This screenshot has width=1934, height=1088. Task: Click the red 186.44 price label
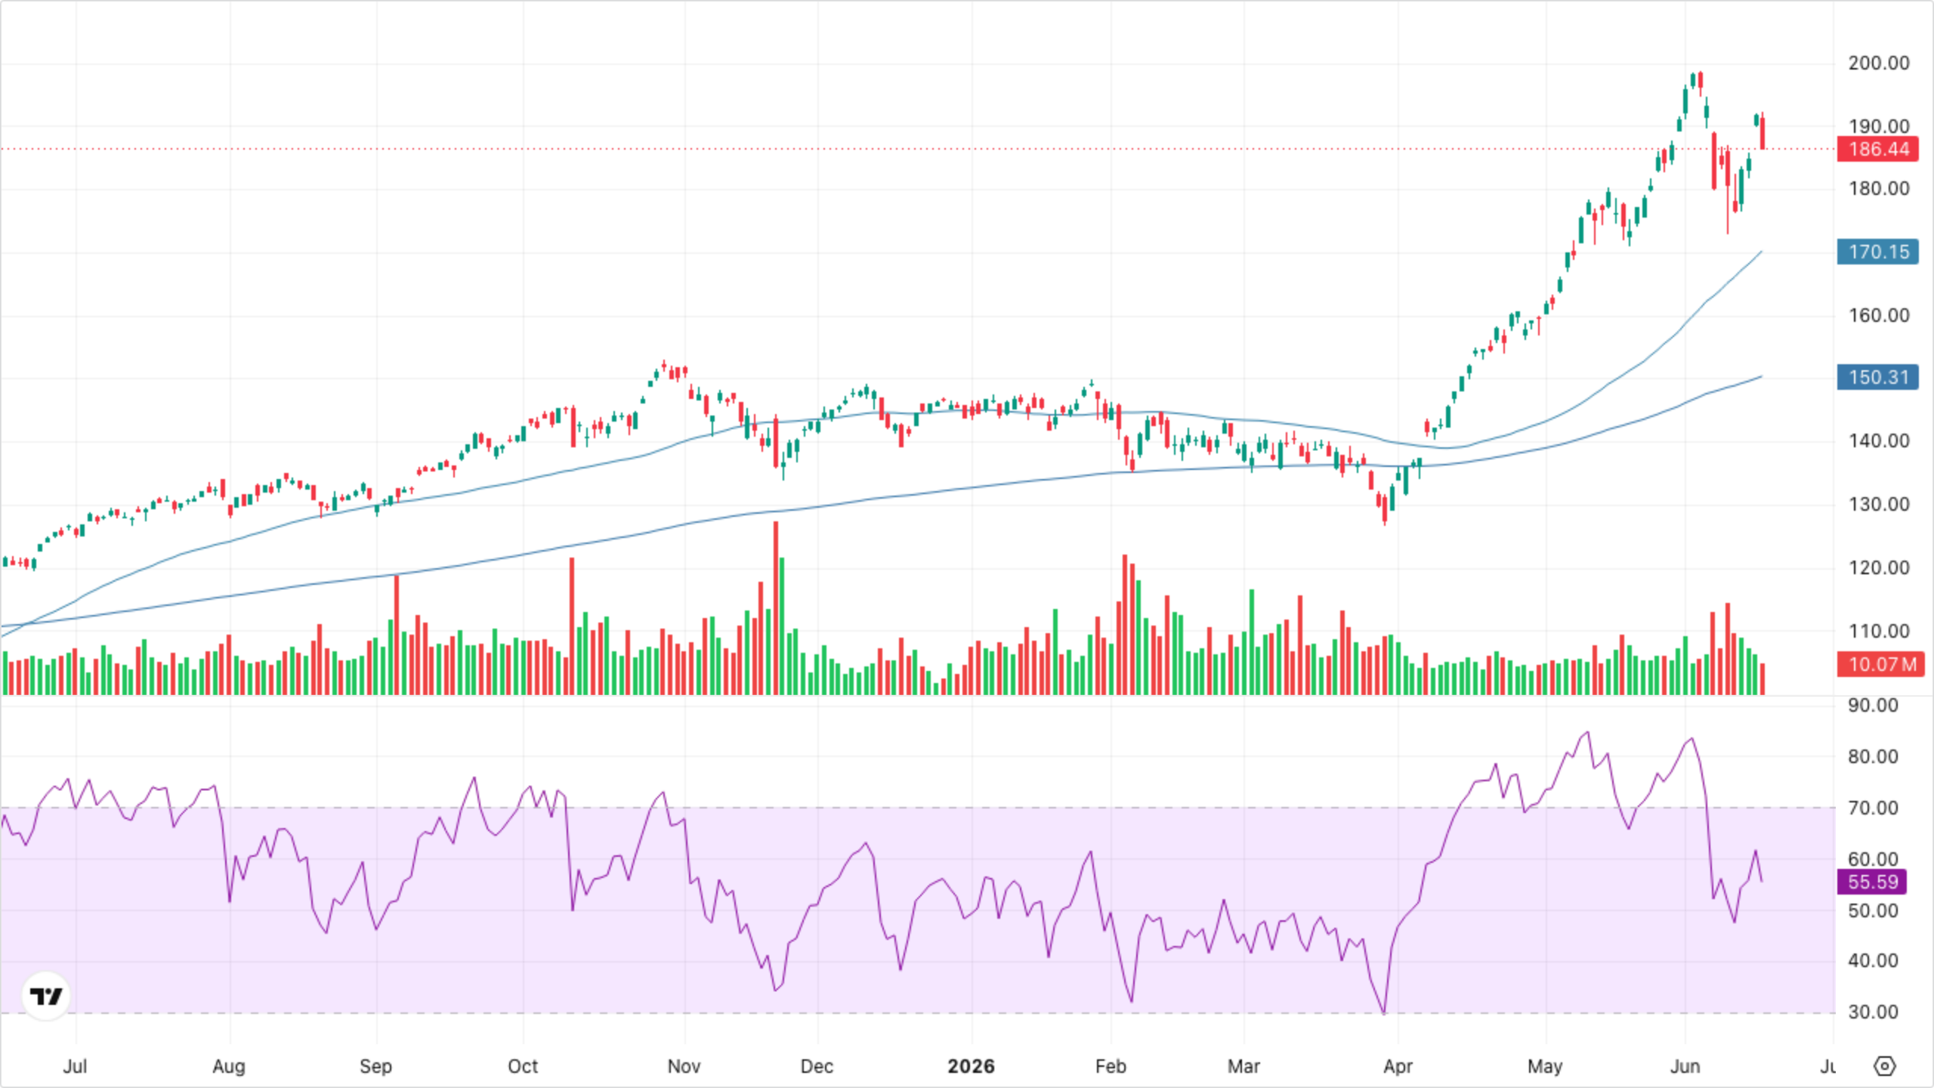(1877, 149)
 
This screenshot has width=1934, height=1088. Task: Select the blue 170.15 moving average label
(1877, 252)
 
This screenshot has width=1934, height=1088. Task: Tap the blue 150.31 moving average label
(1877, 377)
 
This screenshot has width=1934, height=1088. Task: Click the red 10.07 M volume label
(1880, 665)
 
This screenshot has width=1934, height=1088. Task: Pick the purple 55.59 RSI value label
(1871, 882)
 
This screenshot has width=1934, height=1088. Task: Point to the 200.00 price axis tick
(1878, 63)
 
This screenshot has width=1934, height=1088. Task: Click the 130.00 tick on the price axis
(1878, 504)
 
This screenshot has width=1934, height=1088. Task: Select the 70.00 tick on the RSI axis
(1873, 808)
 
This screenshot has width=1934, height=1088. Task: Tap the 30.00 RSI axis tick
(1873, 1012)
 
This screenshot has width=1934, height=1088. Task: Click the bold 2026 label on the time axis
(972, 1066)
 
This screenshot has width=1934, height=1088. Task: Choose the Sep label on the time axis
(375, 1066)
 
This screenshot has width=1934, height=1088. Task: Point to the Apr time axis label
(1398, 1066)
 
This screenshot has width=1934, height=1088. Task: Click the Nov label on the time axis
(684, 1066)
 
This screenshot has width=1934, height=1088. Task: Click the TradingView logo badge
(46, 996)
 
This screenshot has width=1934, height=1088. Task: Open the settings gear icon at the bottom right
(1885, 1066)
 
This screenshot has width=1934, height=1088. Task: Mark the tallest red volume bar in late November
(775, 608)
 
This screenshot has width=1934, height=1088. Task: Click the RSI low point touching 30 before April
(1384, 1013)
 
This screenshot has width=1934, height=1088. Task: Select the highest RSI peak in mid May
(1587, 732)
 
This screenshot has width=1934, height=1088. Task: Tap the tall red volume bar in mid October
(572, 626)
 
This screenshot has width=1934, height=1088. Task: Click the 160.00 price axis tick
(1878, 315)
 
